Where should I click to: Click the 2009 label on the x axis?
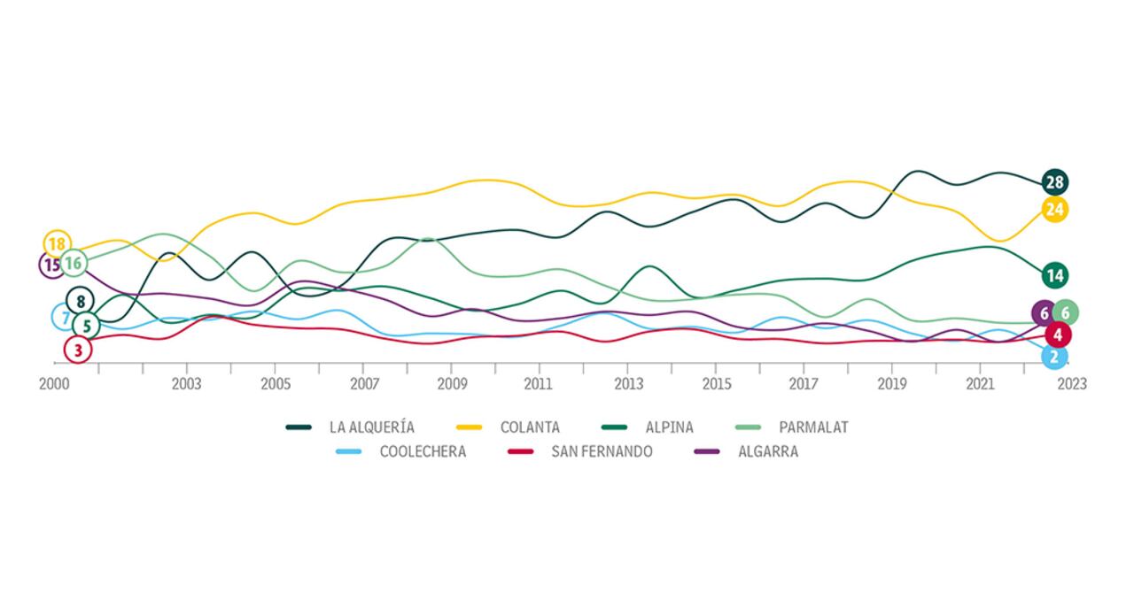(x=451, y=384)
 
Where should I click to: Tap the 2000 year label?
(x=55, y=384)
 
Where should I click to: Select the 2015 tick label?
(x=717, y=384)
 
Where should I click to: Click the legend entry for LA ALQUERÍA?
(x=371, y=427)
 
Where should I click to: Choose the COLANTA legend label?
(x=529, y=427)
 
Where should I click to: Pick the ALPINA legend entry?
(x=670, y=427)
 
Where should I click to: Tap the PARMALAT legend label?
(x=813, y=427)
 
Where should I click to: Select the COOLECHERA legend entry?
(x=422, y=451)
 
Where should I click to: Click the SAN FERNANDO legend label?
(x=602, y=451)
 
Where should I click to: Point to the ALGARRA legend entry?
(x=767, y=451)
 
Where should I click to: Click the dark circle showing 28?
(x=1054, y=183)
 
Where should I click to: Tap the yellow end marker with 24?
(x=1054, y=210)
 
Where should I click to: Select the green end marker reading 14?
(x=1054, y=275)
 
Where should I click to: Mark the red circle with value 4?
(x=1058, y=335)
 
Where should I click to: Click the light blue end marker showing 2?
(x=1054, y=357)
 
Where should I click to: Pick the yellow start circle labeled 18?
(x=57, y=243)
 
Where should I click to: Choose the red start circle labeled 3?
(x=78, y=350)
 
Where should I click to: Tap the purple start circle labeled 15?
(x=52, y=265)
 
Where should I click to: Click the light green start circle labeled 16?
(x=74, y=263)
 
